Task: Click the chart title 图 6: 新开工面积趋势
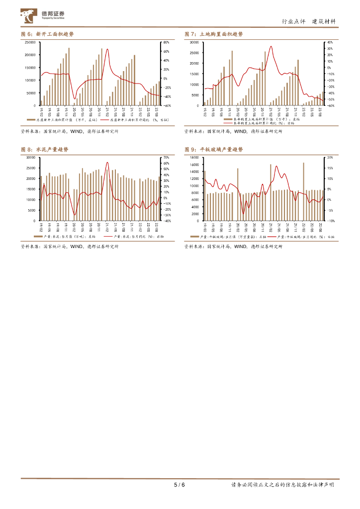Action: pos(48,34)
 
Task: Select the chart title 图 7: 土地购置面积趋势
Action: pos(214,34)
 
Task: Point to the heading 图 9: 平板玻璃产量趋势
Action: pos(214,149)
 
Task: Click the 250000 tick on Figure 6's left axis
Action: pos(30,43)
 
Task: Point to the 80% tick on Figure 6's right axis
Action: pos(167,43)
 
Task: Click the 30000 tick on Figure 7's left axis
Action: pos(194,43)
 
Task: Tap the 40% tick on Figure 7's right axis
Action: pos(330,43)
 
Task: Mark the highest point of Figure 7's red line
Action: pos(271,47)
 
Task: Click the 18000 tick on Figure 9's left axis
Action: pos(194,158)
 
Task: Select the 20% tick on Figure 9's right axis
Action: pos(330,158)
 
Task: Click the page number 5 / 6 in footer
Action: pos(179,485)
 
